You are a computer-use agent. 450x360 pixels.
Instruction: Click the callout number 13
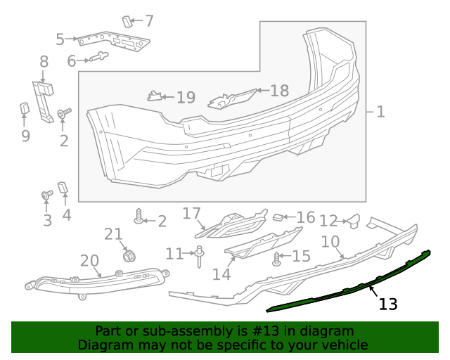tap(388, 304)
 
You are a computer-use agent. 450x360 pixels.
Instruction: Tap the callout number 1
tap(380, 112)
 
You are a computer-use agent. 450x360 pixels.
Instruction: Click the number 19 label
tap(186, 98)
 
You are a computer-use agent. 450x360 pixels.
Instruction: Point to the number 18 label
tap(279, 91)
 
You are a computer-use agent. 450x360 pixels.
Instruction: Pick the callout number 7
tap(149, 21)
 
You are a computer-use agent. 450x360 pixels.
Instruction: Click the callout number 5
tap(60, 40)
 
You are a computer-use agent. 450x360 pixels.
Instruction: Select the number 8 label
tap(44, 62)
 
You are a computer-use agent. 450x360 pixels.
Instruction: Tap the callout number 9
tap(25, 135)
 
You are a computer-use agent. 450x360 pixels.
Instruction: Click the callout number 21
tap(113, 234)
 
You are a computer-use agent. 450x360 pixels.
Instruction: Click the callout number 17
tap(192, 213)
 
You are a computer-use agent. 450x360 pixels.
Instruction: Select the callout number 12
tap(328, 221)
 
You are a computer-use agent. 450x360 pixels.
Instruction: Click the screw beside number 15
tap(277, 259)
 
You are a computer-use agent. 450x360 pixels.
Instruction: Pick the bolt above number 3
tap(47, 195)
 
